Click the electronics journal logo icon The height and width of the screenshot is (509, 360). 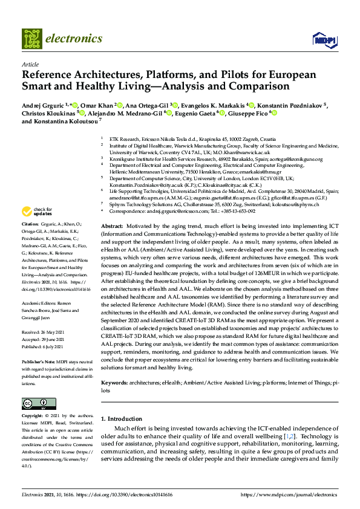31,38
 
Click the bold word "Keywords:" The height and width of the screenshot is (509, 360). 113,383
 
